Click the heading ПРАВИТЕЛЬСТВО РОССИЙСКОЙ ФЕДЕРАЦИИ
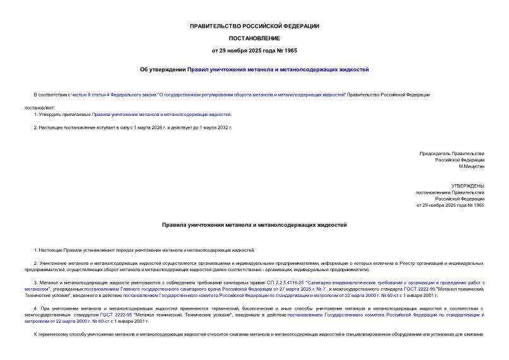[x=254, y=26]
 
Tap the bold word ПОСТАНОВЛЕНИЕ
[x=254, y=38]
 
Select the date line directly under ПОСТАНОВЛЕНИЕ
[x=254, y=50]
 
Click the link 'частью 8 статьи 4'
[x=91, y=95]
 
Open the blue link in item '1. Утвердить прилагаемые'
[x=161, y=115]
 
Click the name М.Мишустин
[x=471, y=166]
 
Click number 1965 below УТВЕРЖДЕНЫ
[x=478, y=206]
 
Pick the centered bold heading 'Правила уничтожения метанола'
[x=254, y=225]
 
